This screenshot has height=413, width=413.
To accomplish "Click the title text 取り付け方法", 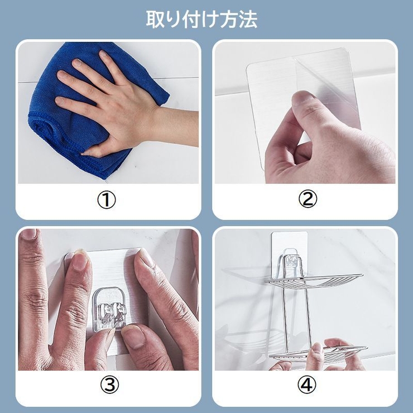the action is [202, 20].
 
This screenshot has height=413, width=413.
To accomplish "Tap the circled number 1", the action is [107, 200].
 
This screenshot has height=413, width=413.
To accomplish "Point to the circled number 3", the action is [109, 385].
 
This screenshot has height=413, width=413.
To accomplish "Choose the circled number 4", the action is [307, 385].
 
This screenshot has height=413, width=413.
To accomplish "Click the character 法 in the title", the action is [248, 20].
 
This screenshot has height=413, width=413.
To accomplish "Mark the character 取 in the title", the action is [155, 20].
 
